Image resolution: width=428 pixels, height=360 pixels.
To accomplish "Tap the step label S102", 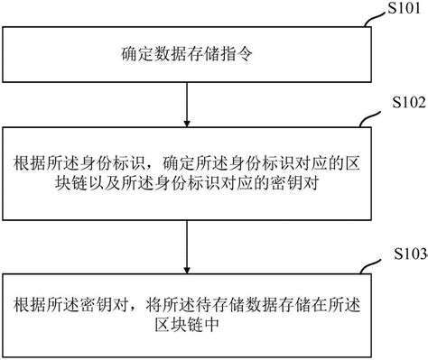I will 403,105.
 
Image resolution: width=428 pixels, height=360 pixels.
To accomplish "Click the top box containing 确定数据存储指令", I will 184,52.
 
